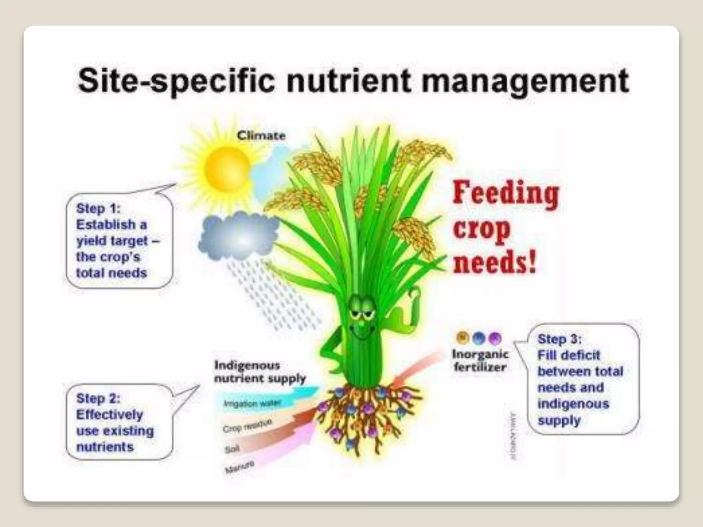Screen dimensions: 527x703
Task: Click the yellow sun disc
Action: (x=227, y=169)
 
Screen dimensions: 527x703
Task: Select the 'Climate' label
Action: (x=261, y=136)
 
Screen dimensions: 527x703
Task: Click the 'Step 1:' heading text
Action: (x=98, y=208)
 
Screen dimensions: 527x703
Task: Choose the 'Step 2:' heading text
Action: (x=98, y=398)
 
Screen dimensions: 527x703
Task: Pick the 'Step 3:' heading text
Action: (x=560, y=339)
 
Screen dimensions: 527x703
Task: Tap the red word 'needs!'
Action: (x=494, y=263)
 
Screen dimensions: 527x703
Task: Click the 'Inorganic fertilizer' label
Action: (x=480, y=360)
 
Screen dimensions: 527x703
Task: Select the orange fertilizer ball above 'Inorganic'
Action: (x=463, y=338)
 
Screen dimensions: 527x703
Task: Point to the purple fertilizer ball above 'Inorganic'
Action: (x=495, y=338)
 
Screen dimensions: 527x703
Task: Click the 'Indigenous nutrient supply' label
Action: (x=260, y=372)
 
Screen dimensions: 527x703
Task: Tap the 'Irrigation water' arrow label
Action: (x=252, y=403)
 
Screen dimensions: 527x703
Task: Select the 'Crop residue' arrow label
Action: (x=247, y=426)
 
